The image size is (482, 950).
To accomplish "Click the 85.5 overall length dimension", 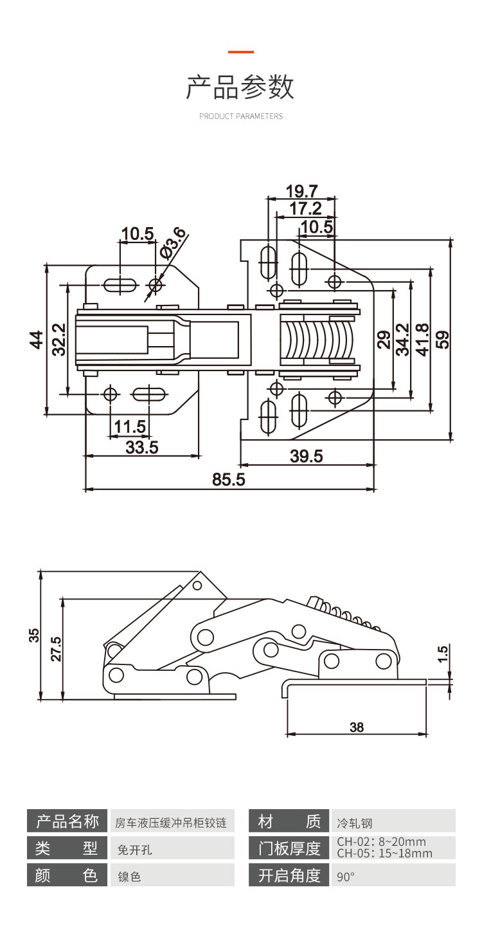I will pos(229,480).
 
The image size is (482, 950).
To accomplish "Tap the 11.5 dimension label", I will pos(130,426).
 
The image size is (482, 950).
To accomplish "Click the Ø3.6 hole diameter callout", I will pos(174,244).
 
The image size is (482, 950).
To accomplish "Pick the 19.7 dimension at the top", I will pos(302,191).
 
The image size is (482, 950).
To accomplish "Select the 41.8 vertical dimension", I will pos(423,338).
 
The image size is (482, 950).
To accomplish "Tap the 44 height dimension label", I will pos(36,339).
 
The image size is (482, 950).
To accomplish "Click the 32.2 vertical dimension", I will pos(58,339).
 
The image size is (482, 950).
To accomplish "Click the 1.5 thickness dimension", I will pos(442,653).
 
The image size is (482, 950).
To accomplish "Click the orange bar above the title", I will pos(241,51).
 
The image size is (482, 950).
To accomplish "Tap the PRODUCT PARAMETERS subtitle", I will pos(241,116).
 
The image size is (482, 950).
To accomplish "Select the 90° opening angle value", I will pos(346,877).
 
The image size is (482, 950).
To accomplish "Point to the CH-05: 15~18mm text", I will pos(384,854).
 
